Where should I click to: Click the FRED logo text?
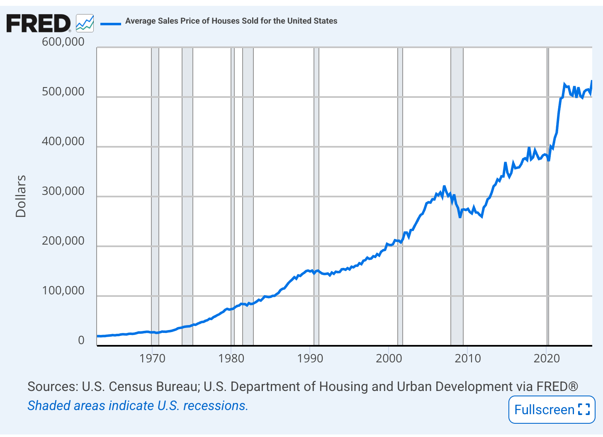[38, 23]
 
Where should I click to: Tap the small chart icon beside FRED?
[85, 23]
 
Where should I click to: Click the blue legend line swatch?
[111, 23]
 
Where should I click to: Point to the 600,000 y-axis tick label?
[63, 42]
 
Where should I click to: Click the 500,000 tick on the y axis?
[63, 92]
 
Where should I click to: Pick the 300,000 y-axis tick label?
[63, 191]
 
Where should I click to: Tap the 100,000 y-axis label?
[63, 291]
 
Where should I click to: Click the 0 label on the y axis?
[81, 340]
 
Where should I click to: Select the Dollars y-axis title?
[21, 196]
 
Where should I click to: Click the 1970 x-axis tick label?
[152, 358]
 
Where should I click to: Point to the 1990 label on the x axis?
[310, 358]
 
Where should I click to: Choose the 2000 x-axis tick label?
[389, 358]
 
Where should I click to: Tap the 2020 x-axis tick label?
[547, 358]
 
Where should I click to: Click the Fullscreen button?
[552, 410]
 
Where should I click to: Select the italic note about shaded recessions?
[138, 405]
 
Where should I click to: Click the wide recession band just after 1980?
[248, 207]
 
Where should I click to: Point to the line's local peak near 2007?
[444, 187]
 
